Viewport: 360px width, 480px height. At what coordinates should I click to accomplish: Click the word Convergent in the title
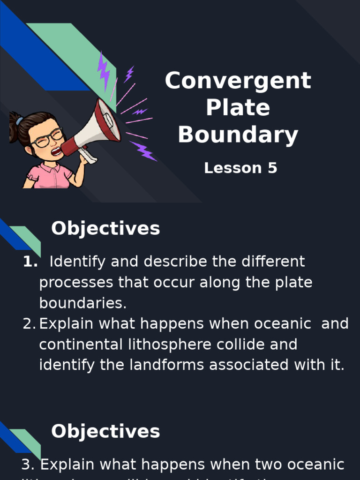point(238,81)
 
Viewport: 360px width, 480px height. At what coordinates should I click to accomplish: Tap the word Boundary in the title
point(238,135)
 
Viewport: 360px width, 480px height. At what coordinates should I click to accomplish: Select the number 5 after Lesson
point(272,168)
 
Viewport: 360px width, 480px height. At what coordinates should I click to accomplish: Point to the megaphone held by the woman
point(96,129)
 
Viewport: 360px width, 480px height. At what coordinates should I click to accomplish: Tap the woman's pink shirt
point(49,177)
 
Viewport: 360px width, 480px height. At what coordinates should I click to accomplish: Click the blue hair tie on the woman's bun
point(19,121)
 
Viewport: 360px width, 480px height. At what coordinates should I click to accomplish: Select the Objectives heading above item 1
point(105,229)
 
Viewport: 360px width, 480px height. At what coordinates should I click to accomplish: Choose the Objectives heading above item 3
point(105,432)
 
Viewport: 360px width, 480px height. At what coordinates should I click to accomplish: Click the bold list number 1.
point(30,262)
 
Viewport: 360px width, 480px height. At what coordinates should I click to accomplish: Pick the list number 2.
point(30,324)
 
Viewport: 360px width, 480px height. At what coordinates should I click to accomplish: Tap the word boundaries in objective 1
point(82,303)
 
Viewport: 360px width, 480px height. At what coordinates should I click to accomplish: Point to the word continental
point(81,345)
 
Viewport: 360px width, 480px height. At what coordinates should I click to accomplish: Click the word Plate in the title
point(238,108)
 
